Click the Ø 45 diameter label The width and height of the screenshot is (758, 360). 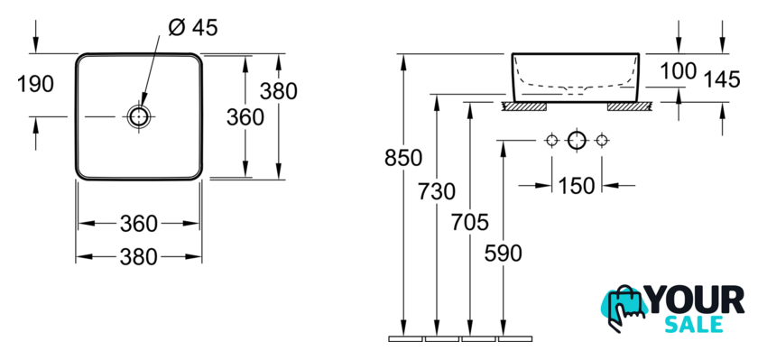point(193,28)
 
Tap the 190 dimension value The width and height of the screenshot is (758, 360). point(35,84)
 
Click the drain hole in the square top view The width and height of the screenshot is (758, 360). point(139,116)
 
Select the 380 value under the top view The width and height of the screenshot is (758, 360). point(139,256)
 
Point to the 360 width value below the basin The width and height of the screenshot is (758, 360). point(139,224)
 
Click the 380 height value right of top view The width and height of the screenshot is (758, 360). point(279,91)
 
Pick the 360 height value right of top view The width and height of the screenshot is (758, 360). point(245,117)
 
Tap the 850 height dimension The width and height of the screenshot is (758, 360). point(403,158)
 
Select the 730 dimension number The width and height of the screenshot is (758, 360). point(437,192)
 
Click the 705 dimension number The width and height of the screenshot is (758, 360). point(470,222)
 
